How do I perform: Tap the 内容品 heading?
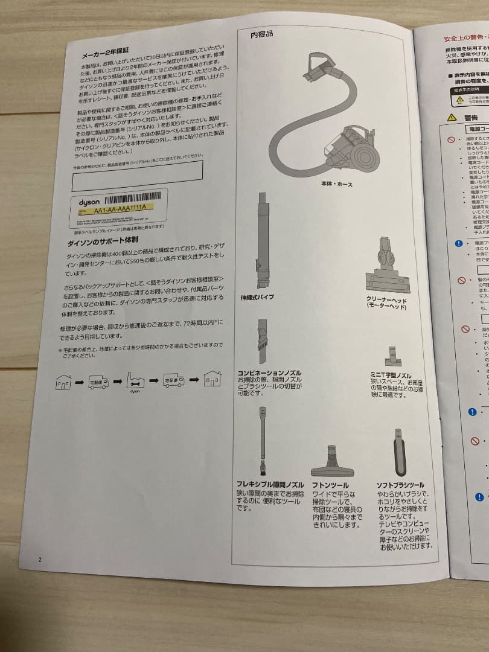tap(261, 34)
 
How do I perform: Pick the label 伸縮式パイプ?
tap(257, 298)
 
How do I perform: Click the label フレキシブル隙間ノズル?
tap(270, 485)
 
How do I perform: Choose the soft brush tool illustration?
tap(399, 453)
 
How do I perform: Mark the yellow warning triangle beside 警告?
tap(452, 117)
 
